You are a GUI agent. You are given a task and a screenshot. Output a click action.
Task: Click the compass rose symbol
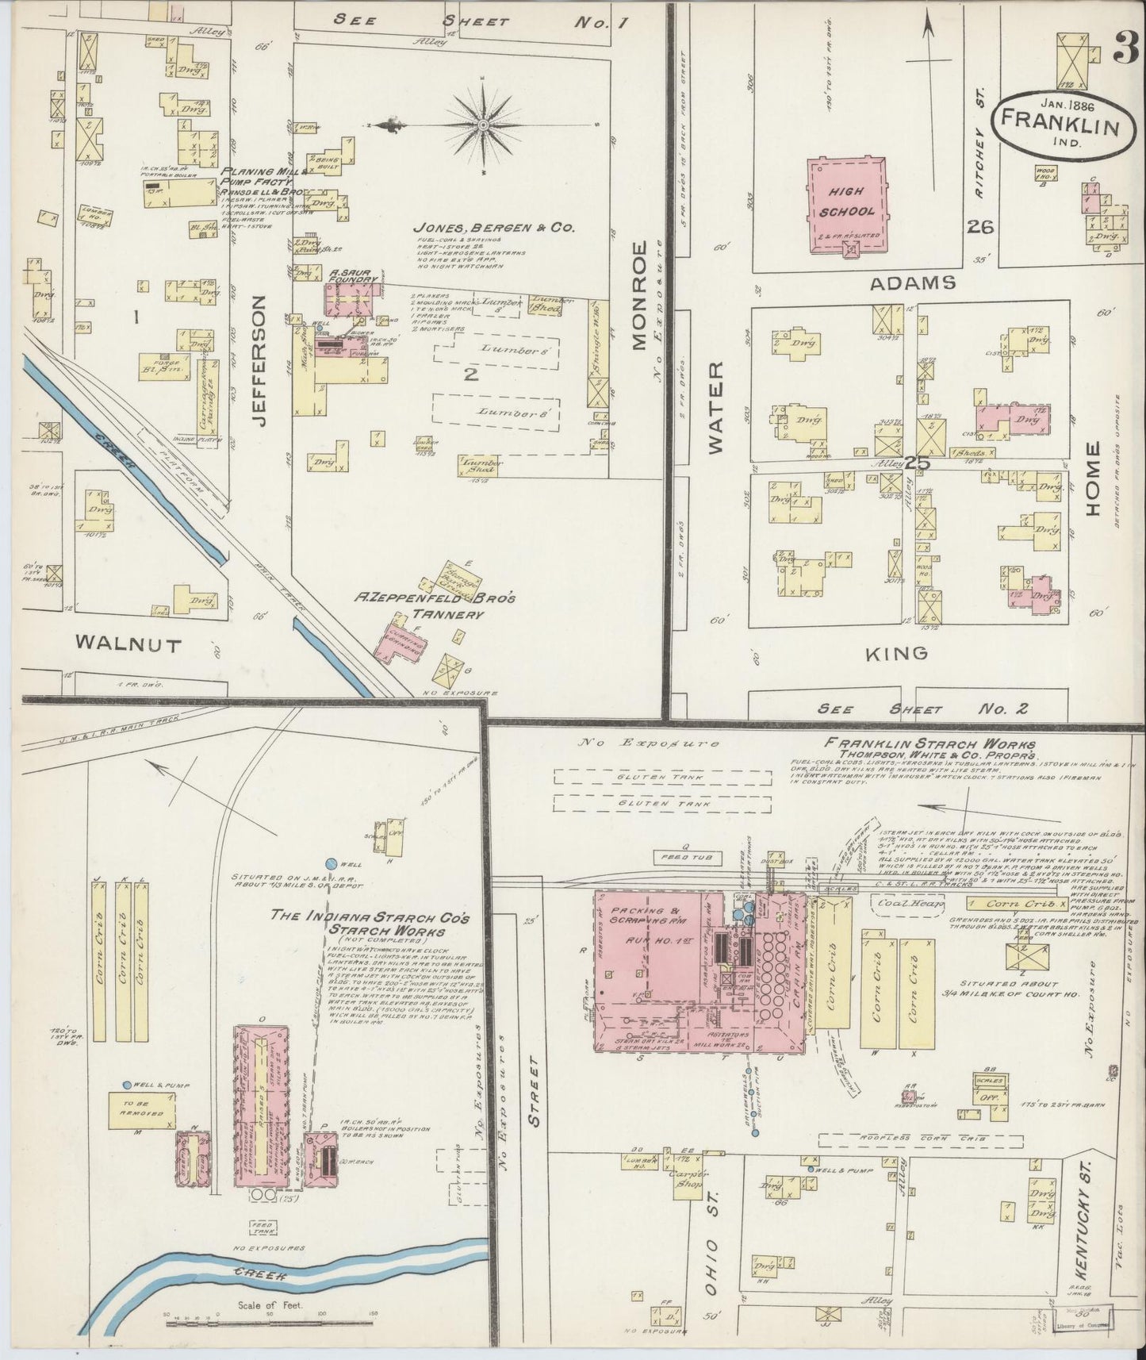482,125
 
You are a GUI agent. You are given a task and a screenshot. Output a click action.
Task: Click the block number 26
981,227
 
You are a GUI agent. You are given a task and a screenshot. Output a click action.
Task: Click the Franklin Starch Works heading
928,744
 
